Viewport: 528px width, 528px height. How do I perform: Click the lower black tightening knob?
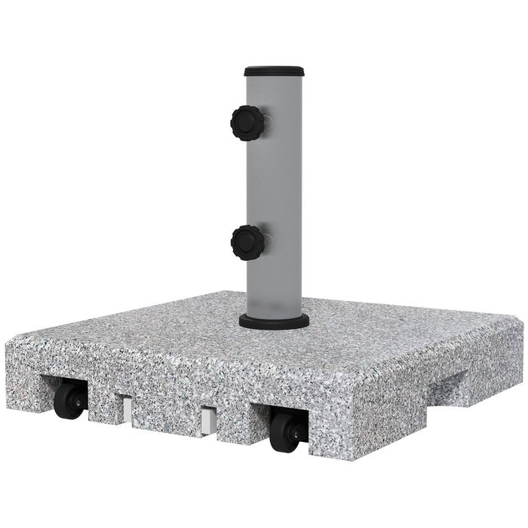click(x=246, y=241)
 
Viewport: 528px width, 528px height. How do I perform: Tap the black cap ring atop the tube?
click(x=273, y=69)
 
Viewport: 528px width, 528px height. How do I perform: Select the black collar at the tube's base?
click(x=273, y=322)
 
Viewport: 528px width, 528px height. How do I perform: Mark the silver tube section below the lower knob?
click(x=275, y=287)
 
